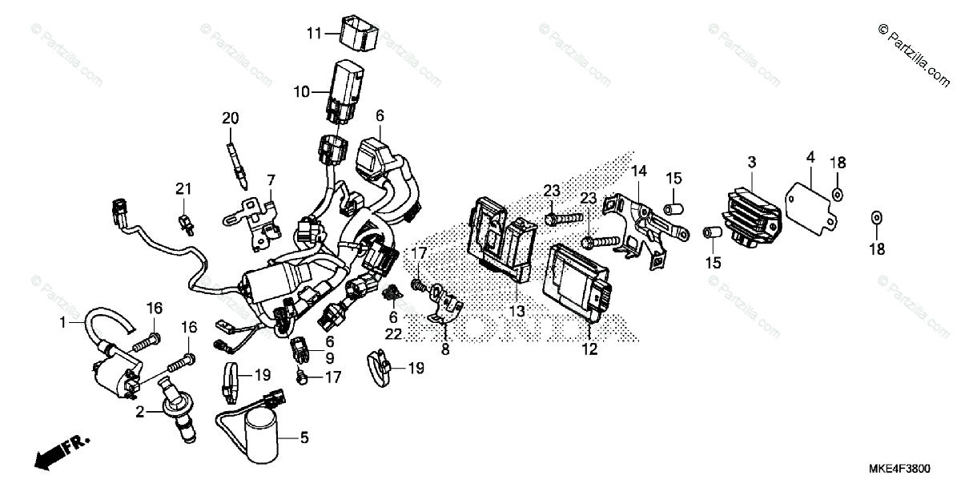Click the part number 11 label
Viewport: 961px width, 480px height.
(312, 34)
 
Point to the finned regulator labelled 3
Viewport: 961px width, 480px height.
(750, 212)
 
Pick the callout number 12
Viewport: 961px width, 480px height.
(589, 350)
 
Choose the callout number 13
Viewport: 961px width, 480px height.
(517, 310)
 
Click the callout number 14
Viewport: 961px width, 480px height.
(638, 171)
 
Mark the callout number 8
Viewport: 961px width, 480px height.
(445, 349)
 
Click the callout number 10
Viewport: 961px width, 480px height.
(300, 92)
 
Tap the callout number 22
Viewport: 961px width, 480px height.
(392, 333)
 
